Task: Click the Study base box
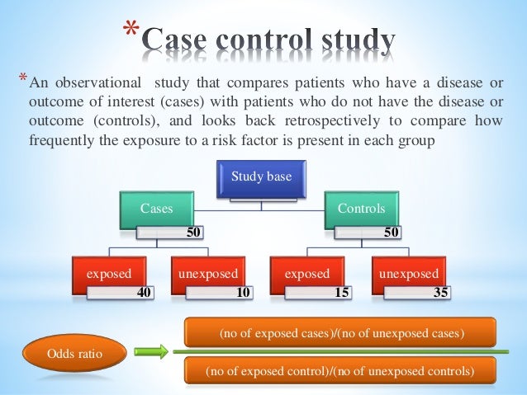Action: click(261, 176)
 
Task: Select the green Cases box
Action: click(157, 209)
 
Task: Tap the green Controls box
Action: click(360, 209)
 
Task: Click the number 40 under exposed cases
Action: click(144, 291)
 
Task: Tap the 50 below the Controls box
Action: click(392, 233)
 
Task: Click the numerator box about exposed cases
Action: click(339, 333)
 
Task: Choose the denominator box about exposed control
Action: click(339, 371)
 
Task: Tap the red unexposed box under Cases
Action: click(208, 274)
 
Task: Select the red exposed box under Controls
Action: click(307, 274)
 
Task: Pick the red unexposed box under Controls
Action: click(408, 274)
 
